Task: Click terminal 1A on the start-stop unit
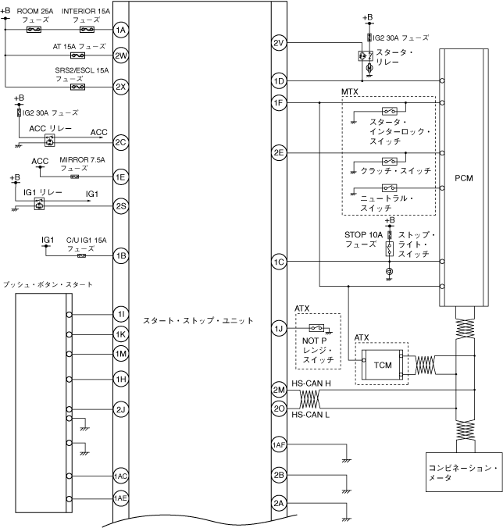(x=120, y=30)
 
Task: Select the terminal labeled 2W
(x=120, y=56)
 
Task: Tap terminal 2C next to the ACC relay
(x=120, y=142)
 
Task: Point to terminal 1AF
(x=279, y=444)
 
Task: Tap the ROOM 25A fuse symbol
(x=34, y=30)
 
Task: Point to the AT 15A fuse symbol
(x=77, y=56)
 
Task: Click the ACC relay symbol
(x=49, y=141)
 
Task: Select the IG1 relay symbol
(x=37, y=204)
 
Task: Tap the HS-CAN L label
(x=309, y=415)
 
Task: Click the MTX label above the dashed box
(x=351, y=92)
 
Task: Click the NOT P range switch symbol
(x=318, y=327)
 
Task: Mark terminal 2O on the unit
(x=279, y=408)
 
